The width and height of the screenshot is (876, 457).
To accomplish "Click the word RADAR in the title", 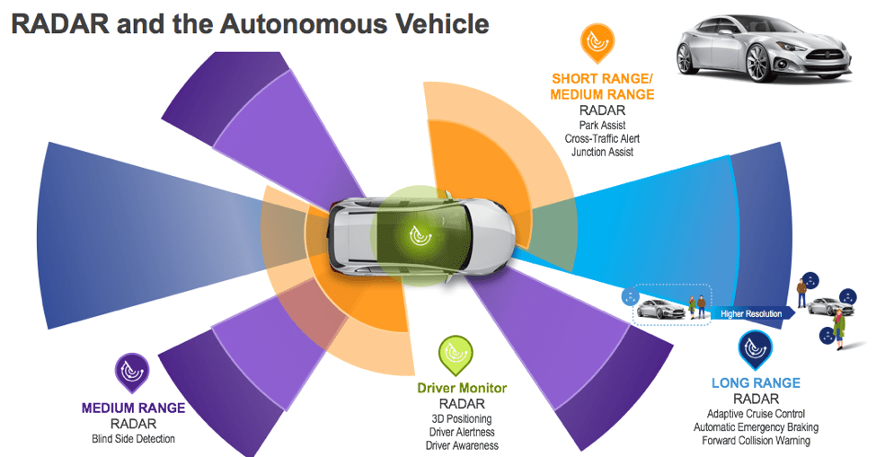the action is tap(61, 24).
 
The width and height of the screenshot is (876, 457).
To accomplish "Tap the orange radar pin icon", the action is tap(597, 43).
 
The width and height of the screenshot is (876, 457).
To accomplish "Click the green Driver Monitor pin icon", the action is tap(456, 356).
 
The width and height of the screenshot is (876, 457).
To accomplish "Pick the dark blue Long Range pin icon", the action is tap(756, 350).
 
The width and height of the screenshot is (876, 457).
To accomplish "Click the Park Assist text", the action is tap(602, 126).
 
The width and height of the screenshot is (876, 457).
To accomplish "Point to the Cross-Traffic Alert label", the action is tap(602, 139).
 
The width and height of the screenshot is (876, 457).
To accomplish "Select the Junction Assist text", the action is tap(602, 153).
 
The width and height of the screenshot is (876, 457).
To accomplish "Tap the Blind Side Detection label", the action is tap(134, 439).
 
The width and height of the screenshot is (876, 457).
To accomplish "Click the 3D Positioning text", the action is tap(462, 419).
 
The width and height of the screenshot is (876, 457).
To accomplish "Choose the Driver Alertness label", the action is tap(462, 433).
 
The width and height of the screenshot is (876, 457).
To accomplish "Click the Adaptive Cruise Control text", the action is tap(756, 414).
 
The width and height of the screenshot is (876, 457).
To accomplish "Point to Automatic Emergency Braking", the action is tap(756, 427).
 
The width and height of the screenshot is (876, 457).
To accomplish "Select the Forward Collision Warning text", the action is tap(756, 441).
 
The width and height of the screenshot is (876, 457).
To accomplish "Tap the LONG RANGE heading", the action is tap(756, 383).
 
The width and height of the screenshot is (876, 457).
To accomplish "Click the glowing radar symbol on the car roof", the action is tap(419, 235).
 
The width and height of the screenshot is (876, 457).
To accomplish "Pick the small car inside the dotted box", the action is tap(661, 309).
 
